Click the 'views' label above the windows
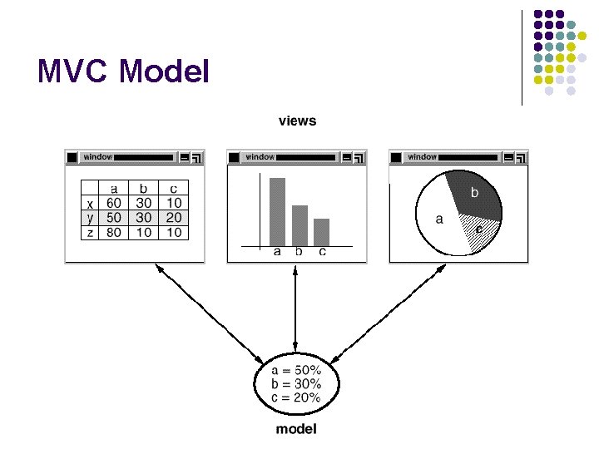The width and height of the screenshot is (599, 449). tap(297, 121)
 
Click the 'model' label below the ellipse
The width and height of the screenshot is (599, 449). tap(296, 429)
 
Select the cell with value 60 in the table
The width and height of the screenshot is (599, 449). tap(114, 202)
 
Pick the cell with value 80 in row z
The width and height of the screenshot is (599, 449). tap(114, 233)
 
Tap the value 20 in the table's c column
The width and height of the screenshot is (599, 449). tap(173, 217)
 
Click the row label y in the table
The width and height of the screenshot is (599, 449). tap(90, 217)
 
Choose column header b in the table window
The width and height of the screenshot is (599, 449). tap(143, 189)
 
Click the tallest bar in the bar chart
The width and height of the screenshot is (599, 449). tap(277, 211)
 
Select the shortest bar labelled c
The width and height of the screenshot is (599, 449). tap(321, 231)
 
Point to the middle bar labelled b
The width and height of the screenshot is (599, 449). tap(299, 224)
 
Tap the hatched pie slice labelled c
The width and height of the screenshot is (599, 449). tap(481, 228)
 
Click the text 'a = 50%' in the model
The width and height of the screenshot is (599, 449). tap(296, 370)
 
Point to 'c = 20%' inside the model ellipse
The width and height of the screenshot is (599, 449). tap(296, 397)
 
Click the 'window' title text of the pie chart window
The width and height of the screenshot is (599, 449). tap(423, 156)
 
